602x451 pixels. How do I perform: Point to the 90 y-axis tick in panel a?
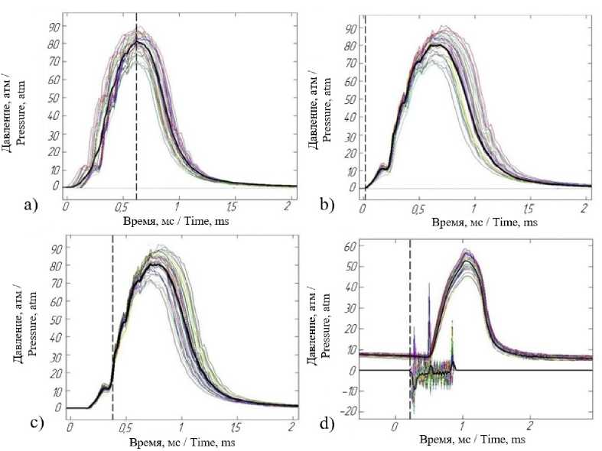(52, 27)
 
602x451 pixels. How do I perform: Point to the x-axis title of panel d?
(472, 440)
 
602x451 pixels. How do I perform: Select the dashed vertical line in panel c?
(112, 329)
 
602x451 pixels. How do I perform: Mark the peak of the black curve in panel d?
(466, 261)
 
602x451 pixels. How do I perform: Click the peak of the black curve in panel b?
(437, 45)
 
